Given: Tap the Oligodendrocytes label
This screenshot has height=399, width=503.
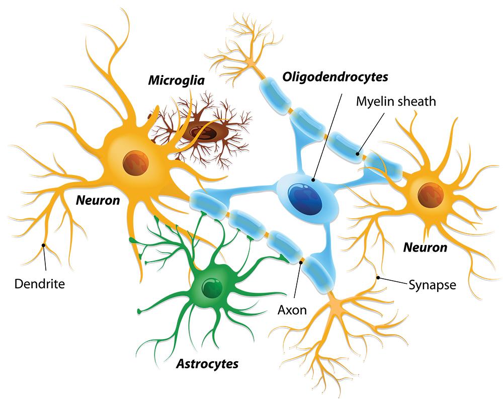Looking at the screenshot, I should [336, 77].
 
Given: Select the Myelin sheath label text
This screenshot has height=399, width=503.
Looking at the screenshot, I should [396, 101].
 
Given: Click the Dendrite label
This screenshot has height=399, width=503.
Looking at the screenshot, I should [40, 284].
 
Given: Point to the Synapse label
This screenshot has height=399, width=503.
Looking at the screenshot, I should [432, 285].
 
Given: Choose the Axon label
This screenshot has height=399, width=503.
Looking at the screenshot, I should [292, 309].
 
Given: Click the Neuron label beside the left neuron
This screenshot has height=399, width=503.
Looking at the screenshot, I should [98, 201].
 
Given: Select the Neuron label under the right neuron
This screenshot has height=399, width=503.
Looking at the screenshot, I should [425, 248].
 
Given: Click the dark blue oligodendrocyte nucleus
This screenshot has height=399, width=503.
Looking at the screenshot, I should [306, 198].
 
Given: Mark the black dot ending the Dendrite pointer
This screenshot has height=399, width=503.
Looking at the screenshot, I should [44, 246].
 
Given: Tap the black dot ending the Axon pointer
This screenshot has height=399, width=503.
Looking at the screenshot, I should [301, 261].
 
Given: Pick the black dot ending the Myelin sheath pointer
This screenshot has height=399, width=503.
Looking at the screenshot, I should [358, 153].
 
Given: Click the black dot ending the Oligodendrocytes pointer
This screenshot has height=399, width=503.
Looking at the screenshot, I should [313, 179].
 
